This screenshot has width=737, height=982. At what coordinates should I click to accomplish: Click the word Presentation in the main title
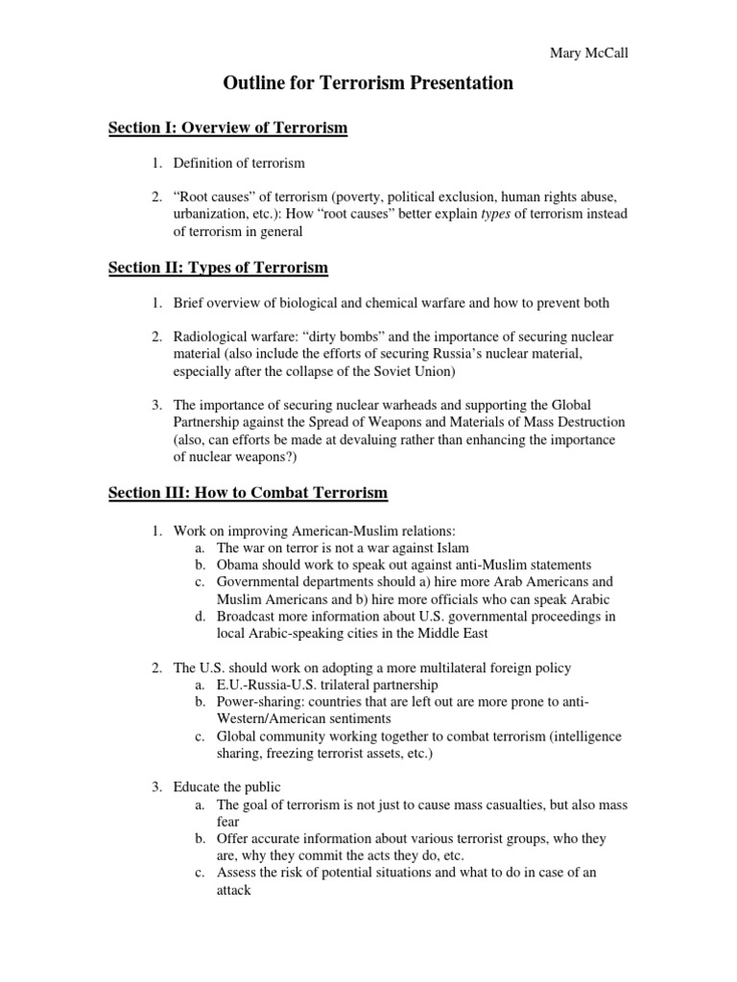tap(455, 84)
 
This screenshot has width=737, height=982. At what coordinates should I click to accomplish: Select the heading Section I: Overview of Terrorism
tap(227, 129)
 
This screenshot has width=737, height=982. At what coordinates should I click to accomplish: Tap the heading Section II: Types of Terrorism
tap(218, 267)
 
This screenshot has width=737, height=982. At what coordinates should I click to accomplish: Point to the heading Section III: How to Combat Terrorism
tap(248, 493)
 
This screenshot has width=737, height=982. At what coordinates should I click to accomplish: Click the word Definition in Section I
tap(204, 164)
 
